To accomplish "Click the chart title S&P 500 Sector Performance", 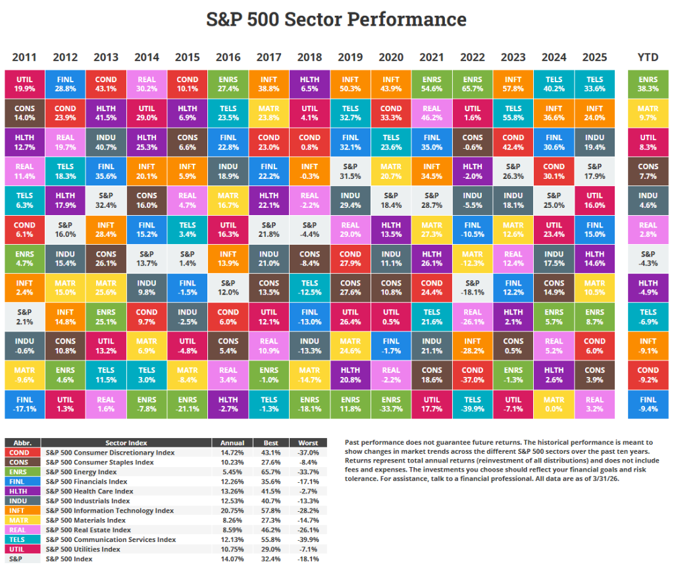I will click(x=336, y=19).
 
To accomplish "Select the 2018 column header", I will click(x=309, y=57).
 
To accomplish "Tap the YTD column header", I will click(x=648, y=57).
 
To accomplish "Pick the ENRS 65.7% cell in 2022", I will click(x=472, y=84).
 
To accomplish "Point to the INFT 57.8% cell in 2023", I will click(x=513, y=84).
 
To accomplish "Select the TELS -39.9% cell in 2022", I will click(x=472, y=404).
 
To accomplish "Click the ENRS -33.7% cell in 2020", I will click(x=391, y=404).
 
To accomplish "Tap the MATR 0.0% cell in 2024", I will click(x=554, y=404).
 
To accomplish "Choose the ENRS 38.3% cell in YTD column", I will click(x=648, y=84).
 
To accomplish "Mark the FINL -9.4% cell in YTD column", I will click(x=648, y=404).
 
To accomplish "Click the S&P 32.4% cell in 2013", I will click(x=105, y=201).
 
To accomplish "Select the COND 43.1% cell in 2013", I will click(x=105, y=84).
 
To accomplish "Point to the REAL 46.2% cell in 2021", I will click(x=431, y=113).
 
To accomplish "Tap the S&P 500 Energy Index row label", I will click(x=81, y=472).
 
